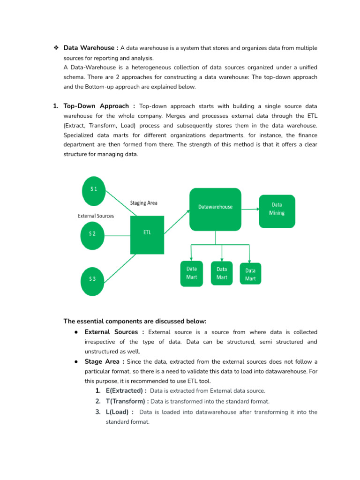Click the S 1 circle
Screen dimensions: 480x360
click(94, 189)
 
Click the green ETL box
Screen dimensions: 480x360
click(147, 234)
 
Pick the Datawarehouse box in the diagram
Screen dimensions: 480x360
click(215, 209)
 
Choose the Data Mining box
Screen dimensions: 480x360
click(277, 211)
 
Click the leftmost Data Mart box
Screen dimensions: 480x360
click(192, 273)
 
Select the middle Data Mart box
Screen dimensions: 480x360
click(222, 273)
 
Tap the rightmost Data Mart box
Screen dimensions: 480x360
click(251, 274)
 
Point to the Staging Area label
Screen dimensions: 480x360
click(143, 203)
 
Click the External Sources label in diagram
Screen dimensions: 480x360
click(96, 216)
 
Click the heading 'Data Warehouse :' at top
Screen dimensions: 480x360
click(90, 48)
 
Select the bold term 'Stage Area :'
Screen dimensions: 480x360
click(105, 361)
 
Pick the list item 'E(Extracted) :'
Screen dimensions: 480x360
click(126, 390)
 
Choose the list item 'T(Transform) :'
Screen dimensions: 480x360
click(127, 401)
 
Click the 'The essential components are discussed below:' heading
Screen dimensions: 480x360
click(135, 321)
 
